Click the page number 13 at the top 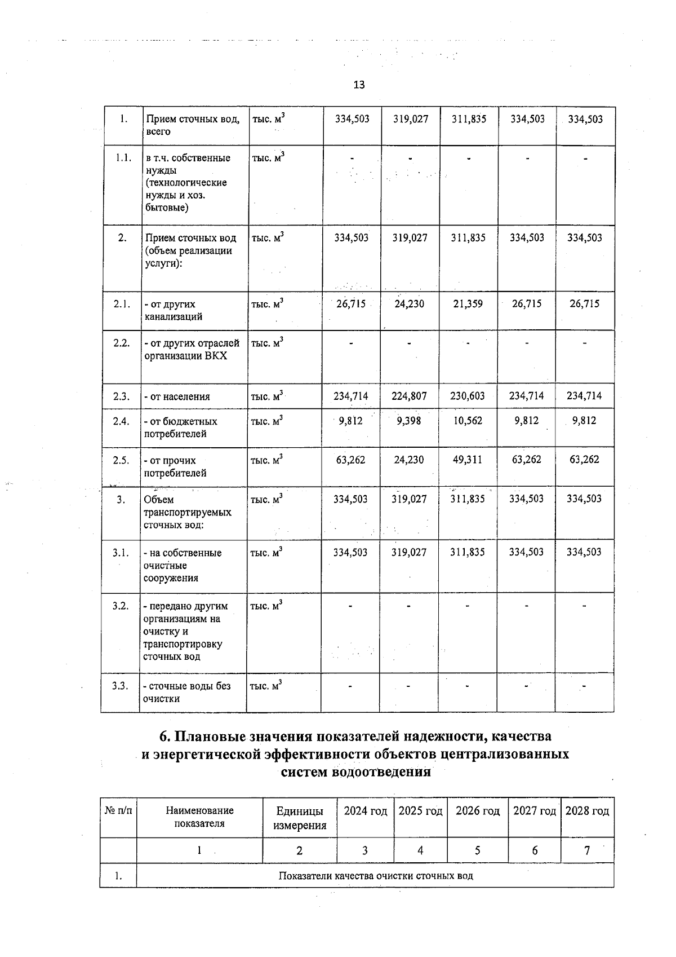pos(359,85)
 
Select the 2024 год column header pos(366,811)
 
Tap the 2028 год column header pos(587,811)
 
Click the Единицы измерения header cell pos(300,818)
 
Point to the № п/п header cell pos(118,811)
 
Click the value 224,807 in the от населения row pos(410,396)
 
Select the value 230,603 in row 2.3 pos(468,396)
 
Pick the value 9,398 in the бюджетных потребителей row pos(409,421)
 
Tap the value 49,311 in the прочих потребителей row pos(468,460)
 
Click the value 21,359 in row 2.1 pos(468,304)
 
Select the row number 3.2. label pos(120,606)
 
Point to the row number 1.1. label pos(122,158)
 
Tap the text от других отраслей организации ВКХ pos(192,349)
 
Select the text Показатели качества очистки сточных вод pos(376,876)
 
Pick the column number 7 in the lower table pos(587,850)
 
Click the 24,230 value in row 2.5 pos(409,460)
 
